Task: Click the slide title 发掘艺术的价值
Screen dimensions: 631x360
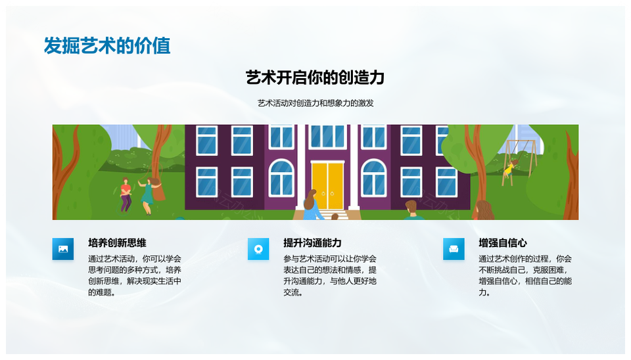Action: tap(107, 45)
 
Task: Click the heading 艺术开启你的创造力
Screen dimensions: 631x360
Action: tap(315, 78)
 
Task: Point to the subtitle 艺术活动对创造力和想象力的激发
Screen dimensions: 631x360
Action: tap(315, 103)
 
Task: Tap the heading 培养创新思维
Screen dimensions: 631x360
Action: tap(117, 243)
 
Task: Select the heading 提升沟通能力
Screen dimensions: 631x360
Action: tap(312, 243)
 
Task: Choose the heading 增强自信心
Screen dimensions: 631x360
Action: tap(503, 243)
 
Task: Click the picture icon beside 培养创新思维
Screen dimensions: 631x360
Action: tap(63, 249)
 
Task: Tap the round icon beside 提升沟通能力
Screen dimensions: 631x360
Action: tap(258, 249)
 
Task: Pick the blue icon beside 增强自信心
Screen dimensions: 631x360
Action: tap(454, 249)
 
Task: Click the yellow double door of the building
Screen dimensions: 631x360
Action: tap(327, 185)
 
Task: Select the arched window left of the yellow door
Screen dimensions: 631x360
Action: tap(281, 178)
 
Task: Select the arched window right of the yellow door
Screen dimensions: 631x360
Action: tap(374, 178)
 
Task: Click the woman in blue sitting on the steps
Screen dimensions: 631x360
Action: tap(313, 205)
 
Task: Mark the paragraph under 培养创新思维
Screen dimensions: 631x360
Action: tap(134, 275)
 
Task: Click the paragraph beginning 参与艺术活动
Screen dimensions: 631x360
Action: tap(330, 275)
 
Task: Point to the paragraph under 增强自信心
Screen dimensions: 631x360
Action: tap(525, 275)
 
